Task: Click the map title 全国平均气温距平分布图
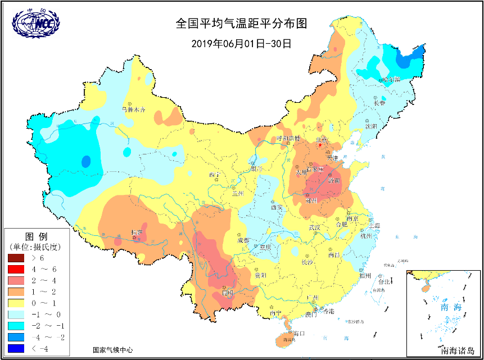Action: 242,24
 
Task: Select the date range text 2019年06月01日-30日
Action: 242,43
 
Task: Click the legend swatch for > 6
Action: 16,258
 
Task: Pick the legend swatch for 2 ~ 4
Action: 16,280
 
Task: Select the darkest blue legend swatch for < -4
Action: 16,348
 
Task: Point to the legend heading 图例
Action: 36,235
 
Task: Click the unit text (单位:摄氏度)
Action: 36,246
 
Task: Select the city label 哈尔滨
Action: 387,80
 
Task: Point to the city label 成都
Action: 243,240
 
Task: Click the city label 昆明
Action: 228,293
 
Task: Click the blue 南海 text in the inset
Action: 450,308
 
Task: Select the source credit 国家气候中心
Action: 113,349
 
